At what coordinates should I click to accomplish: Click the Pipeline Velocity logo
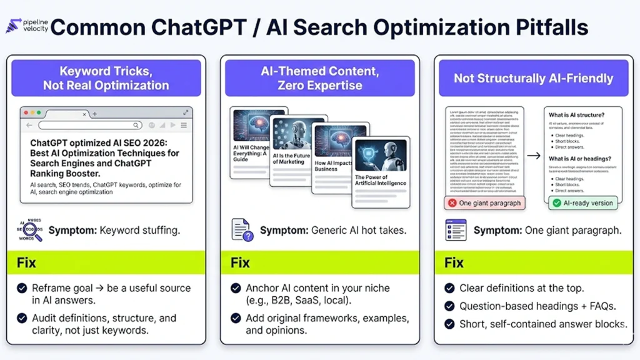tap(25, 26)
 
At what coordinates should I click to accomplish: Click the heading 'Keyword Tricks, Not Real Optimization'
tap(106, 78)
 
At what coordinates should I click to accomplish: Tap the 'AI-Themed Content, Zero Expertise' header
tap(319, 78)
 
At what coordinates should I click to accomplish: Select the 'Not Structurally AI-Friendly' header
tap(533, 79)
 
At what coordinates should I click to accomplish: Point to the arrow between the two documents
tap(534, 156)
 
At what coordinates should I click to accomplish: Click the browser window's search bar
tap(90, 126)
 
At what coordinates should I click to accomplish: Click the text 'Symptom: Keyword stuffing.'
tap(114, 230)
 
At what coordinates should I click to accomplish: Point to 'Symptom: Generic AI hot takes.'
tap(332, 230)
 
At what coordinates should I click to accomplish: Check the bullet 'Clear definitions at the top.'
tap(521, 288)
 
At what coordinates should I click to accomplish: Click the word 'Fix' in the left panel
tap(27, 262)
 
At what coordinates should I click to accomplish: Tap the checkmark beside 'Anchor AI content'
tap(236, 288)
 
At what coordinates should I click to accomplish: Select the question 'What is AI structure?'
tap(576, 115)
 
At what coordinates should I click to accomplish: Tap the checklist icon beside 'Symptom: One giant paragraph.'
tap(456, 230)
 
